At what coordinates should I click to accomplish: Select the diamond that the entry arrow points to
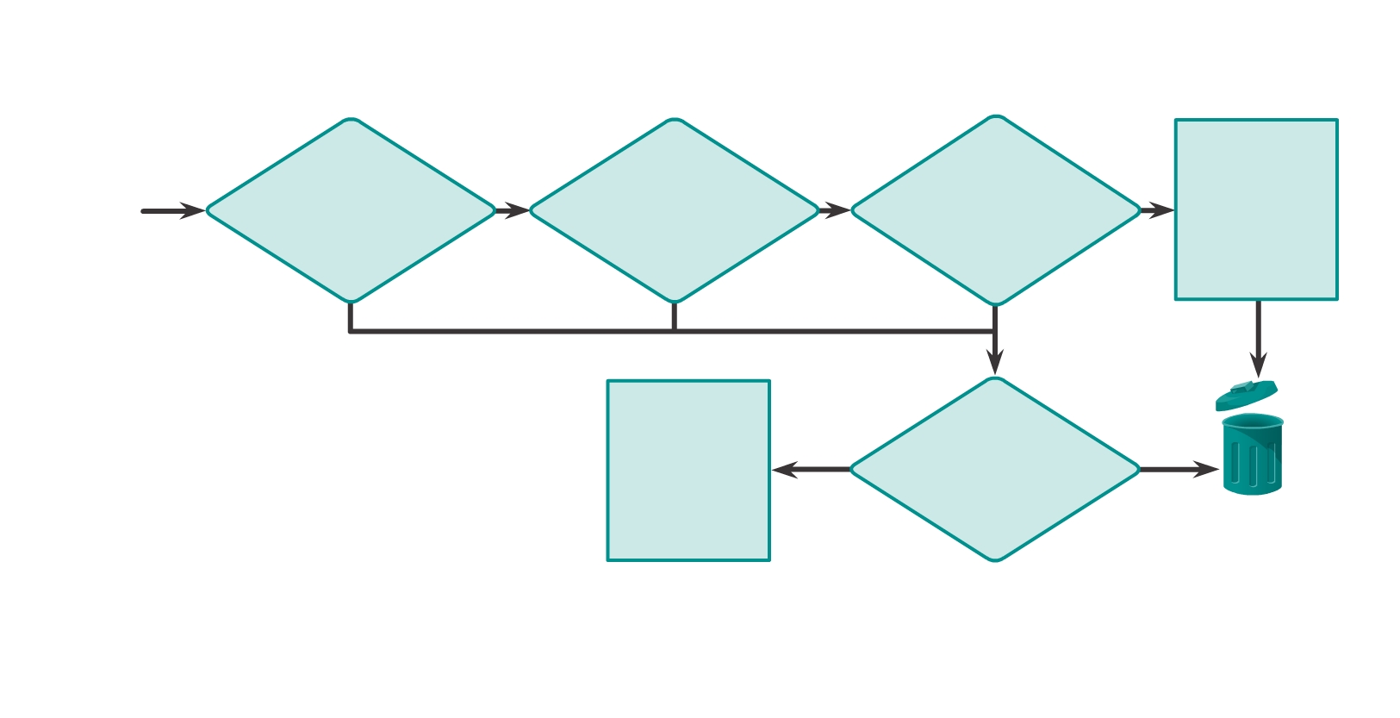click(x=351, y=210)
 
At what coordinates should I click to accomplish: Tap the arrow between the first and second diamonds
click(x=513, y=210)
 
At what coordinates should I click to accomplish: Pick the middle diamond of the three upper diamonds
click(x=674, y=210)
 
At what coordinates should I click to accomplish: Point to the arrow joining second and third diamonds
click(x=834, y=210)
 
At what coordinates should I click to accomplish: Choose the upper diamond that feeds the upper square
click(x=995, y=210)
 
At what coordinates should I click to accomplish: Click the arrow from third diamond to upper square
click(x=1157, y=210)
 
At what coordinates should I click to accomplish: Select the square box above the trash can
click(x=1256, y=209)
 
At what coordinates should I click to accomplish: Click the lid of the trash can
click(x=1246, y=395)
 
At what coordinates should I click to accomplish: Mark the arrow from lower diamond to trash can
click(x=1179, y=470)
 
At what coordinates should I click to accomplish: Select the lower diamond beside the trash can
click(x=995, y=470)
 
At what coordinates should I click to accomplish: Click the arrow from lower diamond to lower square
click(x=810, y=470)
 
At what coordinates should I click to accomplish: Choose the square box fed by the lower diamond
click(x=688, y=471)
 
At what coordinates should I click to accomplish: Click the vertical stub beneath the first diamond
click(x=351, y=315)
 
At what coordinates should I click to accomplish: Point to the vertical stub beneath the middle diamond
click(x=674, y=315)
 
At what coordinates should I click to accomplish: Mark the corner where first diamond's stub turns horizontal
click(x=351, y=331)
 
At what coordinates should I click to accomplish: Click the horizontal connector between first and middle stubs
click(x=513, y=331)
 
